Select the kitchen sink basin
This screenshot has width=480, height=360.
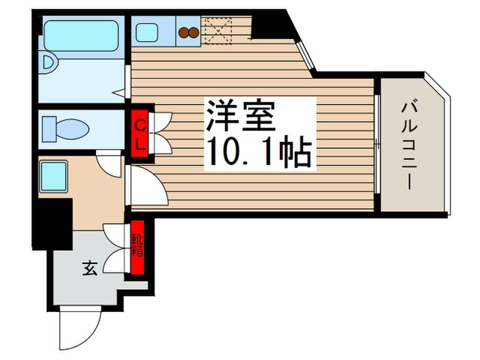[x=146, y=32]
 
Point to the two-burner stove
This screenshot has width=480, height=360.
[x=188, y=32]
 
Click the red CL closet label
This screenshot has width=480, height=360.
[x=139, y=134]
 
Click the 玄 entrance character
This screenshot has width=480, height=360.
[x=90, y=269]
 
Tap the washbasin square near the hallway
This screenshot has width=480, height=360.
[x=53, y=175]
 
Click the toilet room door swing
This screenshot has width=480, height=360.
[x=109, y=161]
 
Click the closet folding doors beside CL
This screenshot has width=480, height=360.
[x=160, y=133]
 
